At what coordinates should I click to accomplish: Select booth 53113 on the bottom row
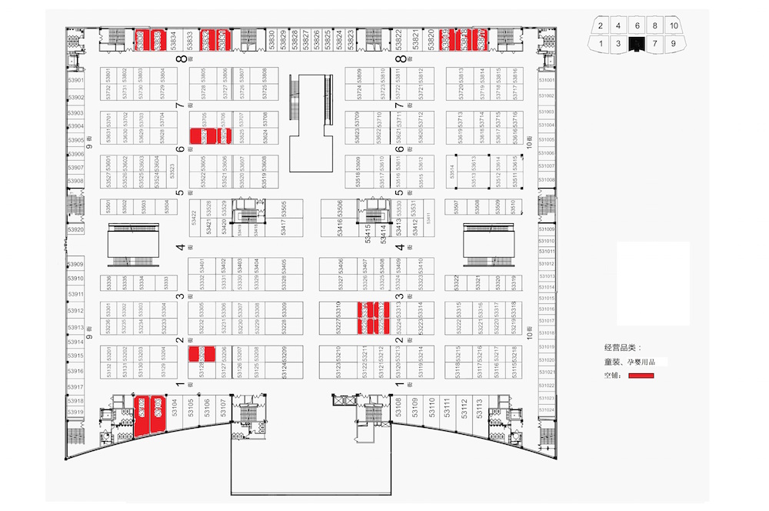[478, 407]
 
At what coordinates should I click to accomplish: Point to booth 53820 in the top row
[431, 38]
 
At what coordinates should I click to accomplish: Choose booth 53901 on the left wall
[75, 80]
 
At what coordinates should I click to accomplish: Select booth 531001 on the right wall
[546, 80]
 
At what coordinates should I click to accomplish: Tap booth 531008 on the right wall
[546, 179]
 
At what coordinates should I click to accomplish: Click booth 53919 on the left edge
[75, 412]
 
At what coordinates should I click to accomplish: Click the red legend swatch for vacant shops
[641, 376]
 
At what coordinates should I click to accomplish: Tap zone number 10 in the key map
[674, 26]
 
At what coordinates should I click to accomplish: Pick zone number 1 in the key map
[600, 43]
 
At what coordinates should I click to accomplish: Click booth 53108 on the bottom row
[399, 407]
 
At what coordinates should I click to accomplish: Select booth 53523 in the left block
[171, 172]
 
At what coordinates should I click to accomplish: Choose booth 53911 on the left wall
[75, 294]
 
